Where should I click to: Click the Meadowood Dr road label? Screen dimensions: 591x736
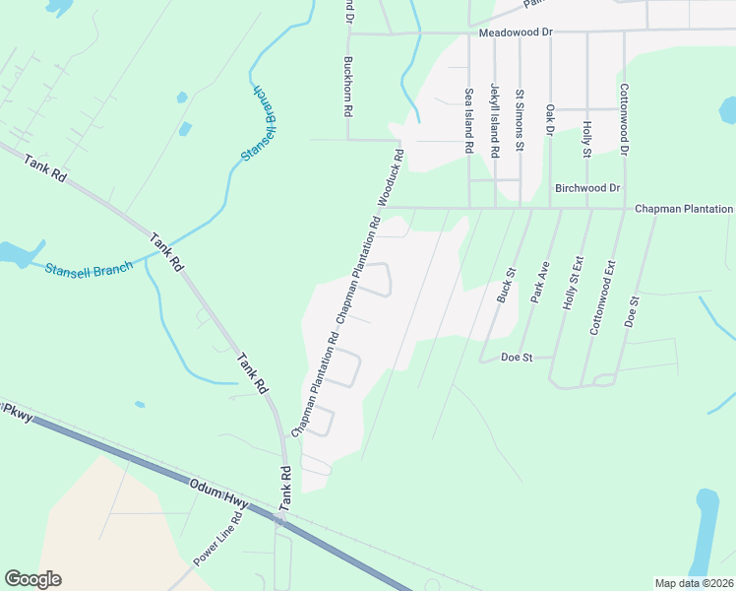click(517, 33)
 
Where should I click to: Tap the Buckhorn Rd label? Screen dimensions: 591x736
click(347, 87)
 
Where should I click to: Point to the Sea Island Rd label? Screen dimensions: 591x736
click(469, 121)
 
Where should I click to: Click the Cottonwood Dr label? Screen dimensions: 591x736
click(624, 118)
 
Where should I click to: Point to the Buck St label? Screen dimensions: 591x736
click(507, 285)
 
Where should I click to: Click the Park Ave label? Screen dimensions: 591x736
click(538, 285)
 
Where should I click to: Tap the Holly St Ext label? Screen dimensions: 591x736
click(575, 285)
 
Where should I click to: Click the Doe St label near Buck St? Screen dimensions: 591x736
click(517, 357)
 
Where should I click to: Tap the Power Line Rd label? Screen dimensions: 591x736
click(217, 539)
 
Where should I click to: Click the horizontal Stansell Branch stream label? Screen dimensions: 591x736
click(89, 267)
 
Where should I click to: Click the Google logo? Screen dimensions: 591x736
click(32, 579)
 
